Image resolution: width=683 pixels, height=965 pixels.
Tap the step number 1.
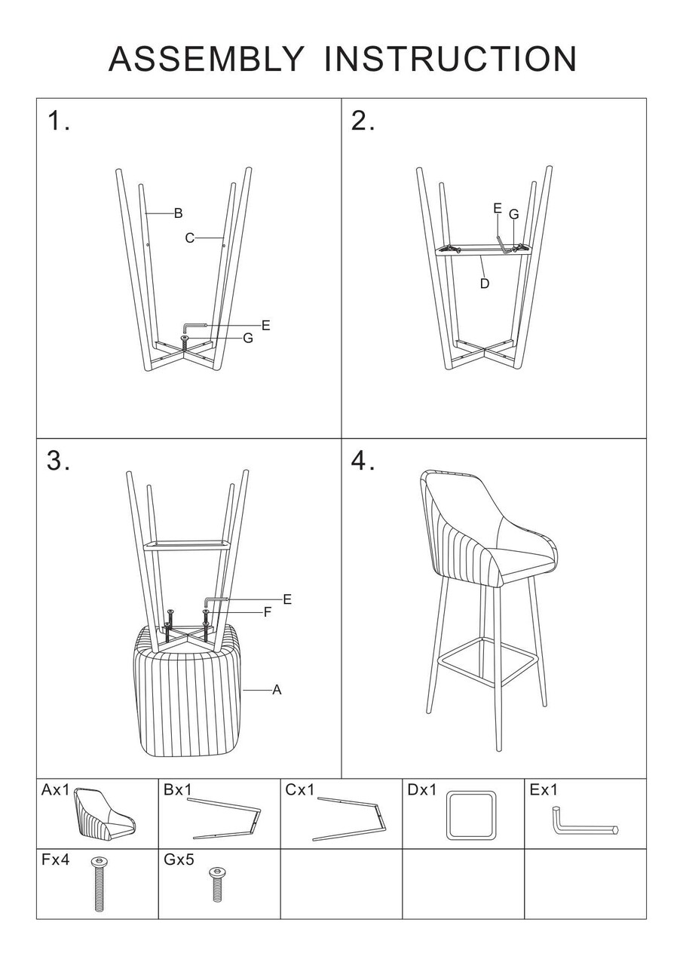(x=58, y=120)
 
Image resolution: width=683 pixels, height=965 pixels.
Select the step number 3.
(x=58, y=461)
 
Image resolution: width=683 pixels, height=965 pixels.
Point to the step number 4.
(x=363, y=461)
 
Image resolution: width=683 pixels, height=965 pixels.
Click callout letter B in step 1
(x=178, y=213)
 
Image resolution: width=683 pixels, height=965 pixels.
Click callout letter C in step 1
(x=189, y=237)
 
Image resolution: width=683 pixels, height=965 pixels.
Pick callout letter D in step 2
(x=485, y=283)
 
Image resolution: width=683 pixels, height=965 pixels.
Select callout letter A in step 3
(x=277, y=690)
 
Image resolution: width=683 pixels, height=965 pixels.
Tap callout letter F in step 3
(x=268, y=612)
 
